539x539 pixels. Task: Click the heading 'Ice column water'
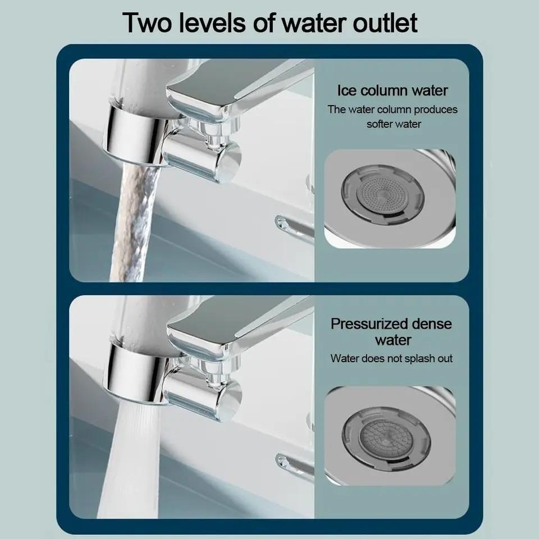pyautogui.click(x=392, y=90)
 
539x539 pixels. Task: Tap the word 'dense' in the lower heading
pyautogui.click(x=431, y=324)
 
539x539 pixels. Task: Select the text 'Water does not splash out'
pyautogui.click(x=391, y=358)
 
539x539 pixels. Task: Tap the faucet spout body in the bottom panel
pyautogui.click(x=236, y=328)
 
